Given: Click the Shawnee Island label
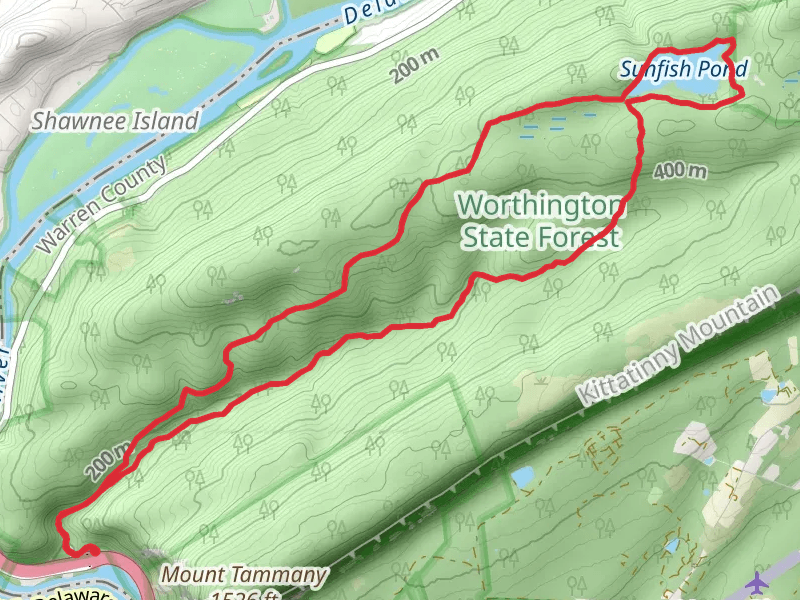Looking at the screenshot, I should [115, 121].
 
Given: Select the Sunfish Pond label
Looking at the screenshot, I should [683, 70].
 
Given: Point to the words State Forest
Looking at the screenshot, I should [540, 238].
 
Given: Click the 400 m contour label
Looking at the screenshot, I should [680, 171].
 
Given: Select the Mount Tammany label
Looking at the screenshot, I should [244, 575].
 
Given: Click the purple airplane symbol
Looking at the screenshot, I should [757, 580].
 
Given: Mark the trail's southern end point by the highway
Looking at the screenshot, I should [91, 549].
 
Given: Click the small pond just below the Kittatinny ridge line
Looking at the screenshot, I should [523, 477].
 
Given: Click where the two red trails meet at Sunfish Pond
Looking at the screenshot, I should [628, 100].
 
